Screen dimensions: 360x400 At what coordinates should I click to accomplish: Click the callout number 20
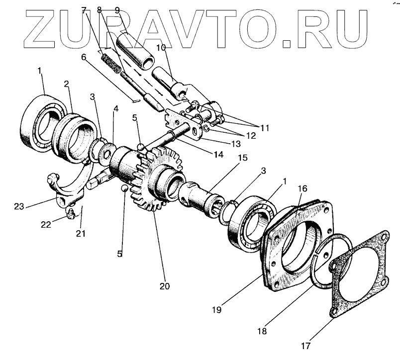pyautogui.click(x=164, y=286)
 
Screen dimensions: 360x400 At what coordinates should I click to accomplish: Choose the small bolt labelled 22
pyautogui.click(x=71, y=214)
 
